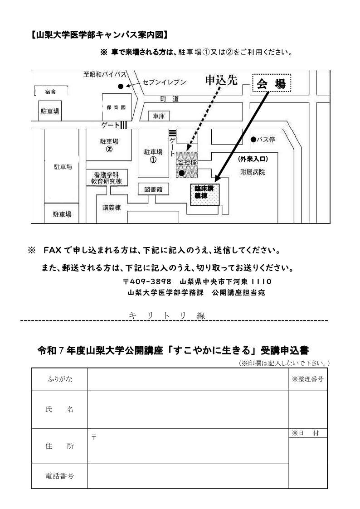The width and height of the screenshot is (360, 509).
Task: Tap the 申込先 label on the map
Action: pyautogui.click(x=221, y=80)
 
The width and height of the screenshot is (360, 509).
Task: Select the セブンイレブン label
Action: pyautogui.click(x=164, y=82)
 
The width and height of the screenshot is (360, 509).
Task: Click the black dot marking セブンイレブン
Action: pyautogui.click(x=120, y=86)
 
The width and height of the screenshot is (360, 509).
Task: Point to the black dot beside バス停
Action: pyautogui.click(x=253, y=140)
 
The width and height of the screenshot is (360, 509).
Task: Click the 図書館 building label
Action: pyautogui.click(x=153, y=189)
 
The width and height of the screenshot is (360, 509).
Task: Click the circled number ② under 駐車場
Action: pyautogui.click(x=109, y=150)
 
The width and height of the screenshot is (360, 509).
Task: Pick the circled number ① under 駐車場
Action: pyautogui.click(x=153, y=160)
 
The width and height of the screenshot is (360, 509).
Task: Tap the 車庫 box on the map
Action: pyautogui.click(x=159, y=116)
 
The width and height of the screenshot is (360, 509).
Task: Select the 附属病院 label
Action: pyautogui.click(x=253, y=172)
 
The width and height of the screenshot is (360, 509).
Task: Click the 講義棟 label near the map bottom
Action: pyautogui.click(x=111, y=208)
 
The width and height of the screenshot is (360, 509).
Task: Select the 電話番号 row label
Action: pyautogui.click(x=60, y=475)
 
